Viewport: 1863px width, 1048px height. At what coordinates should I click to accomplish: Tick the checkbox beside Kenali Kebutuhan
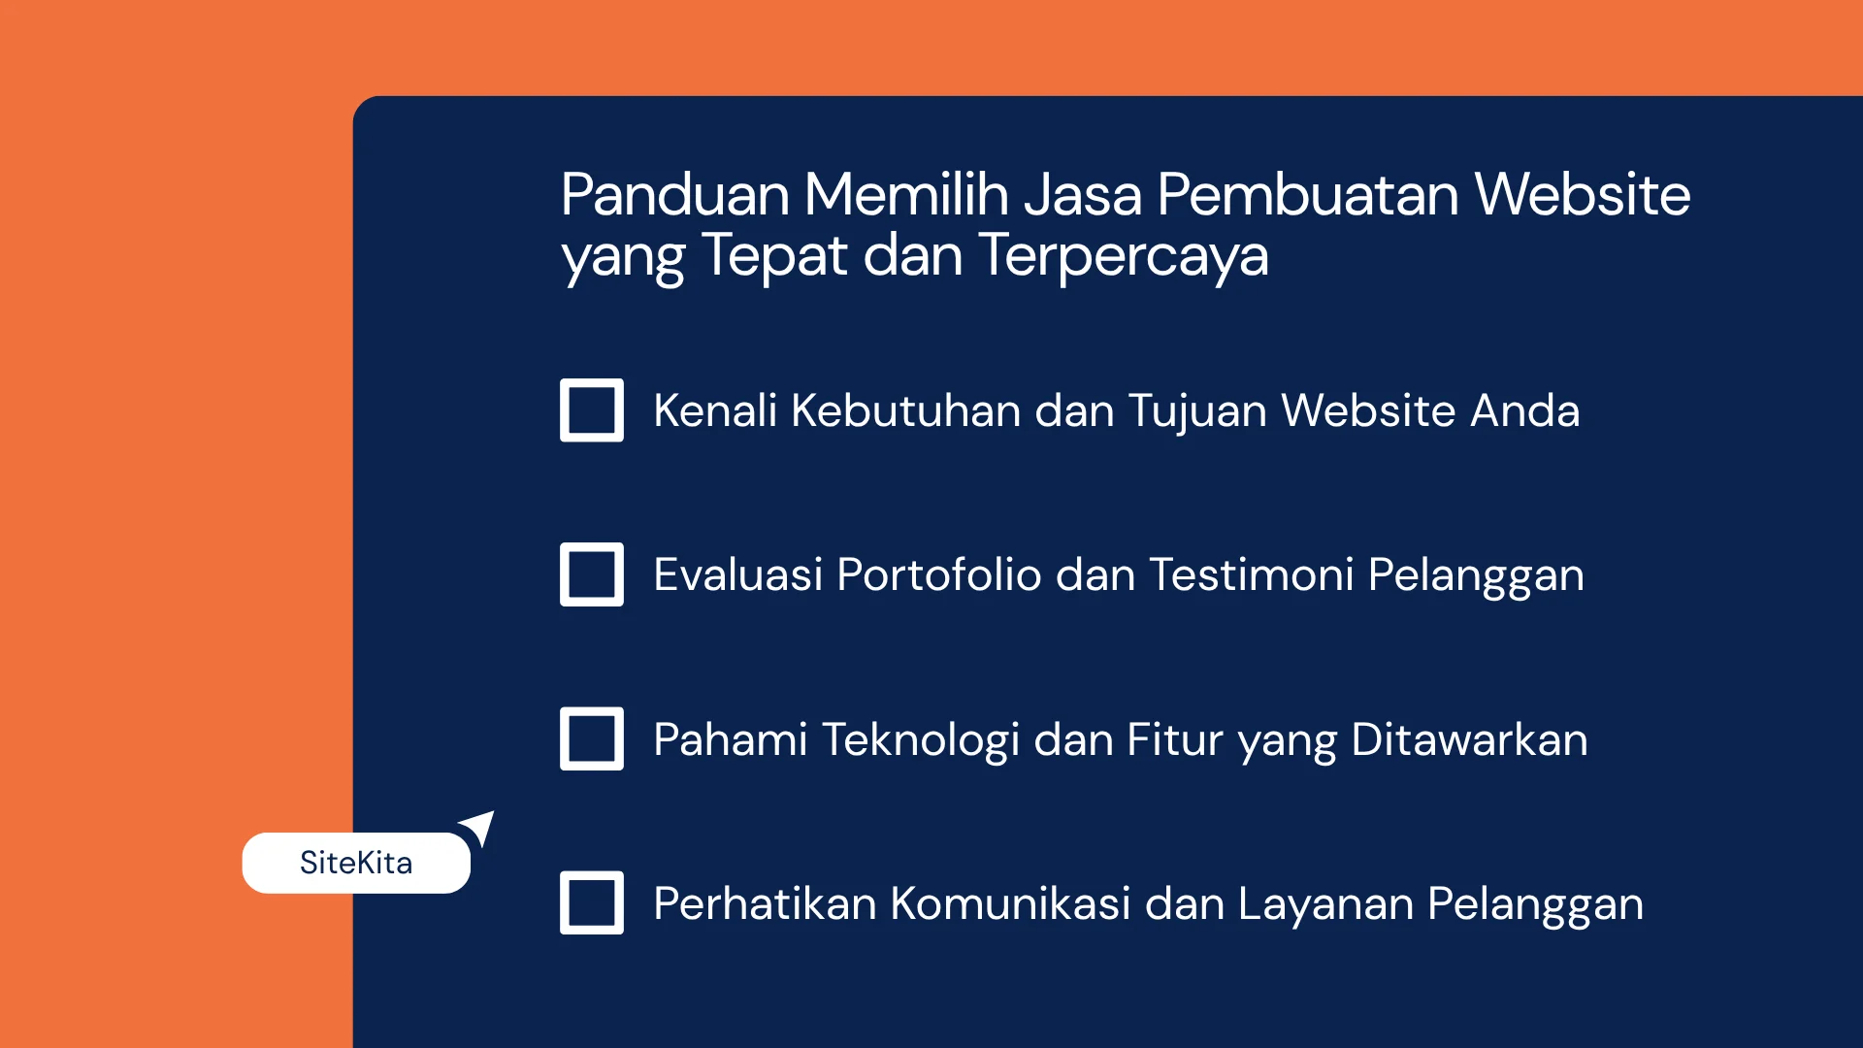pyautogui.click(x=591, y=410)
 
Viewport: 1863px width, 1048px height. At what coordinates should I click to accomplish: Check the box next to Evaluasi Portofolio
pyautogui.click(x=591, y=574)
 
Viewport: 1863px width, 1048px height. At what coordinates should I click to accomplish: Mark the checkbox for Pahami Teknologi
pyautogui.click(x=591, y=738)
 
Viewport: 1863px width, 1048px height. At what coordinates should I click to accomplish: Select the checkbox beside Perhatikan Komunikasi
pyautogui.click(x=591, y=902)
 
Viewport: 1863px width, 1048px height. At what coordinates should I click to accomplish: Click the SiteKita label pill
pyautogui.click(x=355, y=863)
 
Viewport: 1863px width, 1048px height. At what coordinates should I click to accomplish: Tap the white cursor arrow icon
pyautogui.click(x=479, y=828)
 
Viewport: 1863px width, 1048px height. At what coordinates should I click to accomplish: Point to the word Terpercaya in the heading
pyautogui.click(x=1123, y=255)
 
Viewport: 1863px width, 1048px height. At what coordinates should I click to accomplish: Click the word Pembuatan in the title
pyautogui.click(x=1308, y=194)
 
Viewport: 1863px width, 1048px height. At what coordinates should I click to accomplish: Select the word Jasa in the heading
pyautogui.click(x=1083, y=194)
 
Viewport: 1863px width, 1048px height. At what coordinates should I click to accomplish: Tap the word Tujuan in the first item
pyautogui.click(x=1196, y=410)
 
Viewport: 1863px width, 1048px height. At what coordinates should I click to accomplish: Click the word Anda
pyautogui.click(x=1524, y=410)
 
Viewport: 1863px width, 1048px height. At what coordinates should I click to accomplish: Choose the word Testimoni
pyautogui.click(x=1251, y=574)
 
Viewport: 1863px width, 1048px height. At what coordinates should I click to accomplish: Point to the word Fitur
pyautogui.click(x=1175, y=739)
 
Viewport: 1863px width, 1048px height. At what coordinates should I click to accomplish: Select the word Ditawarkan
pyautogui.click(x=1469, y=739)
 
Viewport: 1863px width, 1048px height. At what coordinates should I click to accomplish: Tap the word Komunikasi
pyautogui.click(x=1010, y=903)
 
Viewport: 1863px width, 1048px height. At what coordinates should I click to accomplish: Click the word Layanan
pyautogui.click(x=1324, y=904)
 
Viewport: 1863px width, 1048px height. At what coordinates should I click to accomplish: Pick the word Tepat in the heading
pyautogui.click(x=773, y=255)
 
